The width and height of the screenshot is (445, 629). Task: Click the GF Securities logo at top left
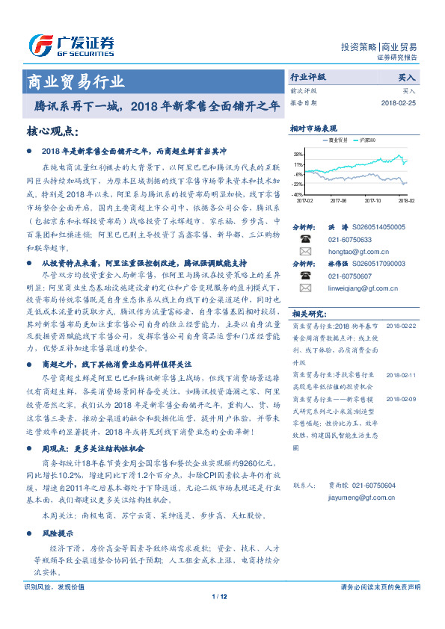click(72, 46)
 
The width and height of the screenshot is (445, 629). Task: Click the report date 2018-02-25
click(399, 102)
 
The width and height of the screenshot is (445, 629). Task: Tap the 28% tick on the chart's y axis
click(298, 155)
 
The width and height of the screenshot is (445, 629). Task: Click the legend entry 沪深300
click(369, 140)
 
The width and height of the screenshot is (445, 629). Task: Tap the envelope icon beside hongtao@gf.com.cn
click(305, 252)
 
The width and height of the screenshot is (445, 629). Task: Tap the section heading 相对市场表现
click(314, 128)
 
